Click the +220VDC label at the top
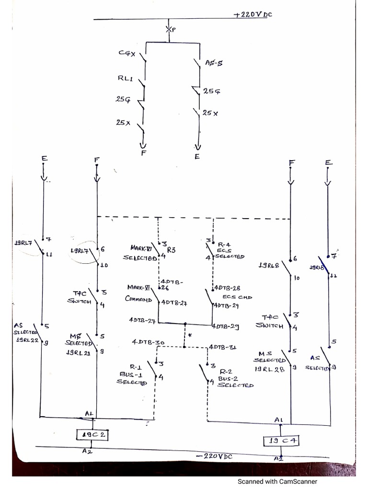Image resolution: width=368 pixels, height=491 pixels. tap(253, 14)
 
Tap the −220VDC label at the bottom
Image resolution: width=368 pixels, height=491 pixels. tap(214, 456)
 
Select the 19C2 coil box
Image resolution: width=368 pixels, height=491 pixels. tap(93, 434)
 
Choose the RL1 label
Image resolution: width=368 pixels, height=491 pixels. tap(125, 78)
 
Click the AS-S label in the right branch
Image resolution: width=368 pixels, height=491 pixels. tap(213, 62)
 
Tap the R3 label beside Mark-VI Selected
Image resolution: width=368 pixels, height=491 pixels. tap(171, 249)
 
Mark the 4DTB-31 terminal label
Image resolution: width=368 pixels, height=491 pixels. tap(222, 347)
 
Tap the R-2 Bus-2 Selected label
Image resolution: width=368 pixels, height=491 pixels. tap(235, 378)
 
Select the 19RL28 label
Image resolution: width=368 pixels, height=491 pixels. tap(270, 368)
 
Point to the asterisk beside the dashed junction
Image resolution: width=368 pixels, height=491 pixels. tap(190, 336)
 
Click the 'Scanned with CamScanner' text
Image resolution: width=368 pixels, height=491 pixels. tap(277, 482)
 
